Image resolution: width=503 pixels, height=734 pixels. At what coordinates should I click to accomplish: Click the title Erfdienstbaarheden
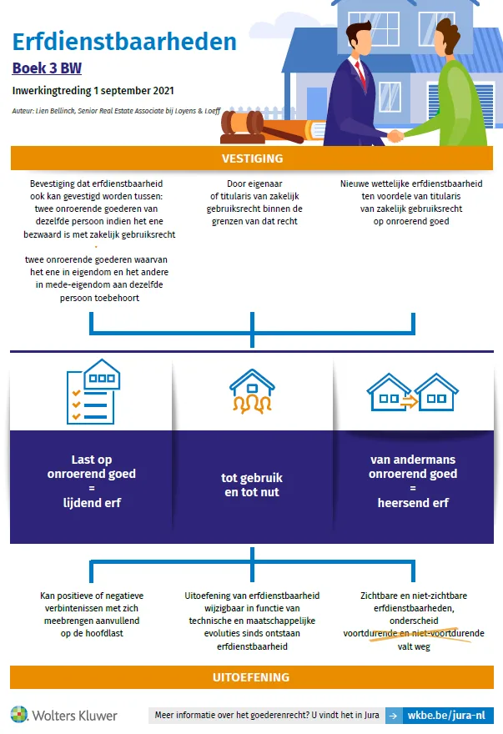pos(124,42)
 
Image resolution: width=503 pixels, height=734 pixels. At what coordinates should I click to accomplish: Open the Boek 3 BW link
pos(47,68)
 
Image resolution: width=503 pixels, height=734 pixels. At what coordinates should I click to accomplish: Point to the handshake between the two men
pos(395,136)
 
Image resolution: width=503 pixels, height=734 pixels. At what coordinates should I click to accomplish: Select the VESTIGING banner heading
pos(253,158)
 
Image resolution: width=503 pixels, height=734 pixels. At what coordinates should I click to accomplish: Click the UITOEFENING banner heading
pos(252,677)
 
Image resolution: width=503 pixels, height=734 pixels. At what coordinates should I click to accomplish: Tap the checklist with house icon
pos(93,392)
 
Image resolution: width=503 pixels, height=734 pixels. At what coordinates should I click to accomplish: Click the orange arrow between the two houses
pos(409,400)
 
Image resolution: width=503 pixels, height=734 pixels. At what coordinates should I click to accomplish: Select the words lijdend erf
pos(92,503)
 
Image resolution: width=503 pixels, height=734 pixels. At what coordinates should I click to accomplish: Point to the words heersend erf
pos(413,503)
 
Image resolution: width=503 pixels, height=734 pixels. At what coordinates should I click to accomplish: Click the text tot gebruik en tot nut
pos(252,485)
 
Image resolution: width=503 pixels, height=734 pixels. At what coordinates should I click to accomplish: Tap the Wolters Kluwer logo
pos(64,716)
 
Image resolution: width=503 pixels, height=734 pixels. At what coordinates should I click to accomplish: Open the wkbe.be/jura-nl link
pos(446,716)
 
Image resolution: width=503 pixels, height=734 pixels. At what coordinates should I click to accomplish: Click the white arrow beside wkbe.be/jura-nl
pos(394,716)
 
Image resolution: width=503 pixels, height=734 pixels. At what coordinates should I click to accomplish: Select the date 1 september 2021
pos(134,91)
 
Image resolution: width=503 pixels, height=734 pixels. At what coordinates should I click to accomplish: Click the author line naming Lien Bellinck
pos(116,111)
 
